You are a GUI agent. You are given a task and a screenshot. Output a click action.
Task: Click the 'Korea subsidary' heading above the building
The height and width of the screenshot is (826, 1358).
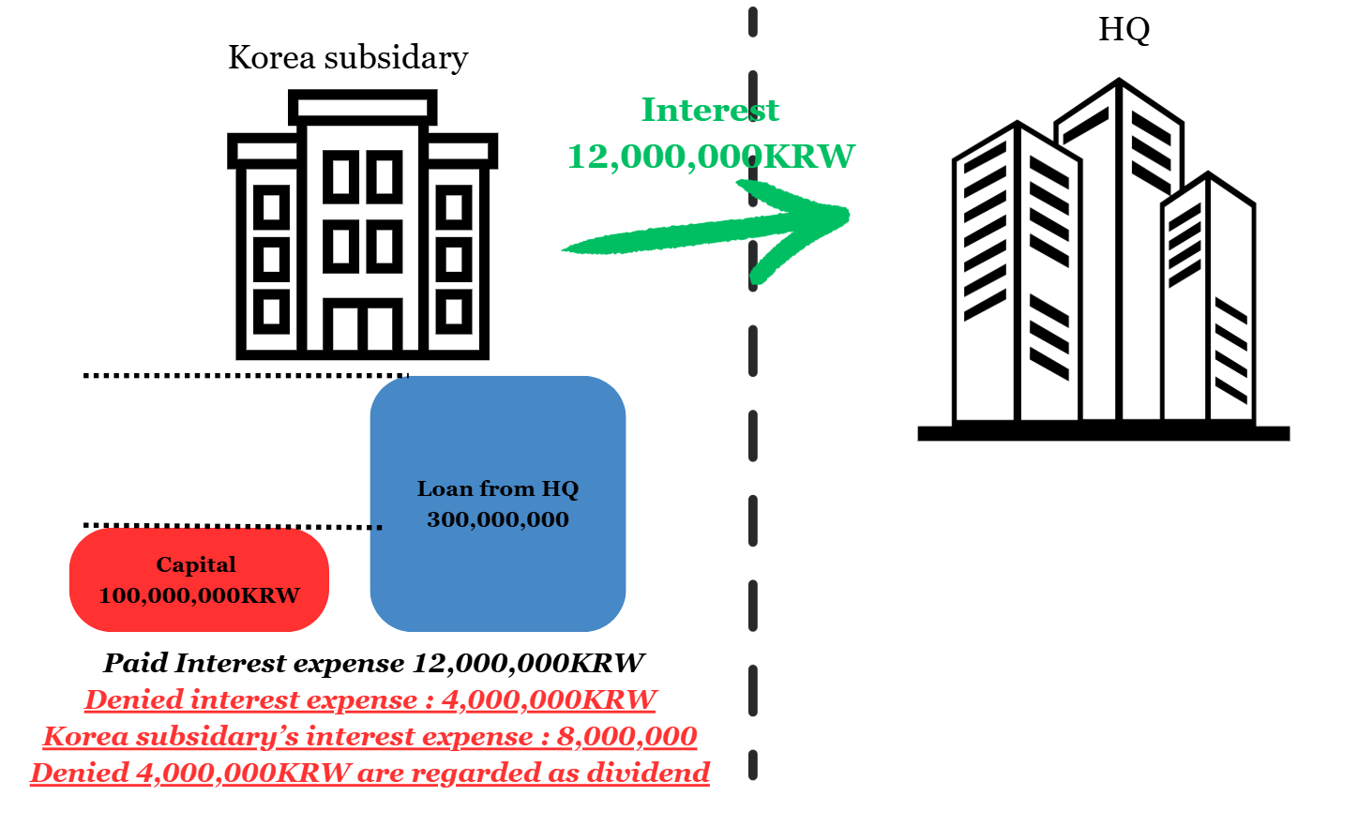pyautogui.click(x=348, y=58)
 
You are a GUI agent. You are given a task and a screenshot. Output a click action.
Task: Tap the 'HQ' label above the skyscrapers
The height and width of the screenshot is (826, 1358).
pyautogui.click(x=1124, y=29)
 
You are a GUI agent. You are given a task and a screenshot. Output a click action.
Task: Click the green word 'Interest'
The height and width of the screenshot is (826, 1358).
pyautogui.click(x=709, y=110)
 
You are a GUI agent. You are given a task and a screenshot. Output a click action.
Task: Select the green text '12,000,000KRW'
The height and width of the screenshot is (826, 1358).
pyautogui.click(x=710, y=156)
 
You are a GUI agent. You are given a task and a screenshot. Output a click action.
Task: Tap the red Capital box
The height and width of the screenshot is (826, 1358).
pyautogui.click(x=199, y=579)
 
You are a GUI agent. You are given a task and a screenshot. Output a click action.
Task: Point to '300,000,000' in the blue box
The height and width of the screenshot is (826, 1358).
pyautogui.click(x=497, y=519)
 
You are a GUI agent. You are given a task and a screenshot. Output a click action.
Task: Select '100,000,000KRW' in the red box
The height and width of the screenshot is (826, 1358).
pyautogui.click(x=199, y=595)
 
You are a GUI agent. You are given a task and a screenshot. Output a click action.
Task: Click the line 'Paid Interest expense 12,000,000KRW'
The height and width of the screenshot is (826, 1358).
pyautogui.click(x=373, y=663)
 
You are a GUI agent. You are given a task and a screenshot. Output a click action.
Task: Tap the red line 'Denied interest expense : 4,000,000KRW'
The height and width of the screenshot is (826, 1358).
pyautogui.click(x=370, y=699)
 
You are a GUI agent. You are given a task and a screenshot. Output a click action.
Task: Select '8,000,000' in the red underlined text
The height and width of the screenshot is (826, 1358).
pyautogui.click(x=626, y=736)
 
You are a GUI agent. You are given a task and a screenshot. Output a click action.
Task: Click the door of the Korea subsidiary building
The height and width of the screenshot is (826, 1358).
pyautogui.click(x=362, y=327)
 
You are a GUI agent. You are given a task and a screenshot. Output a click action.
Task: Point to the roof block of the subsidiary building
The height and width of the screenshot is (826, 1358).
pyautogui.click(x=362, y=107)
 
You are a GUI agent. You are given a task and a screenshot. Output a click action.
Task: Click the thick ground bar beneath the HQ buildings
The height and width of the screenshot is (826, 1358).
pyautogui.click(x=1103, y=433)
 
